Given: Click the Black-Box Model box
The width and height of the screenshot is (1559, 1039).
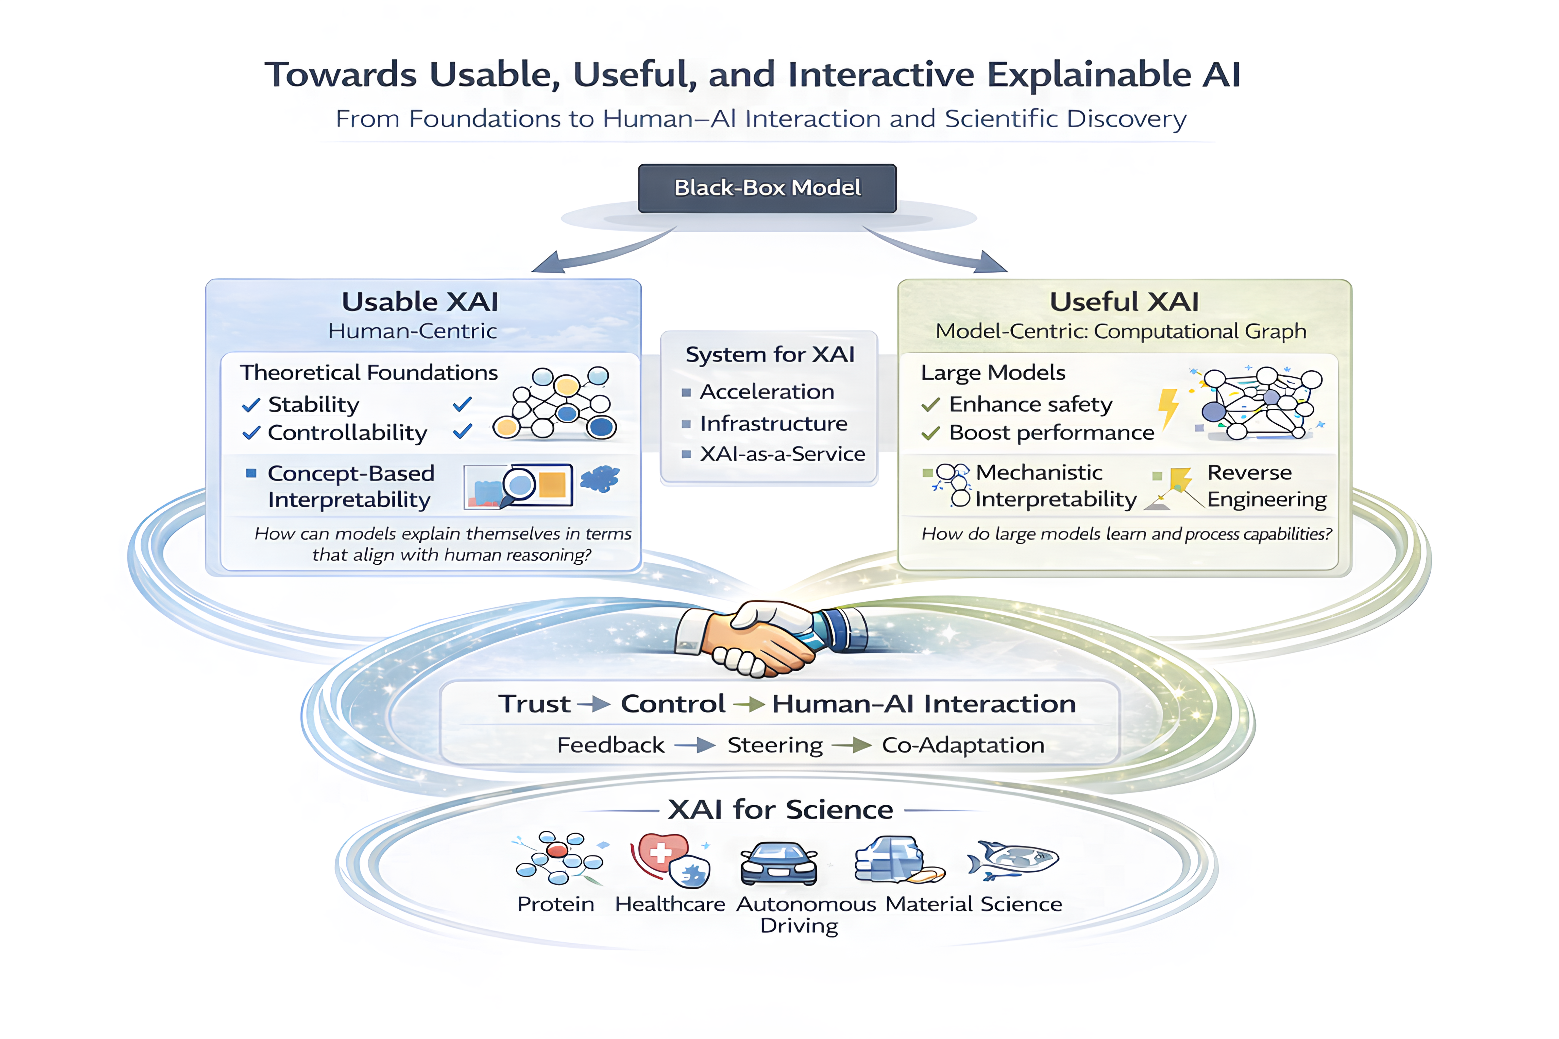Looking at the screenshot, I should [767, 188].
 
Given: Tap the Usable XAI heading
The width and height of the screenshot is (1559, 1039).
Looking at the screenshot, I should [420, 302].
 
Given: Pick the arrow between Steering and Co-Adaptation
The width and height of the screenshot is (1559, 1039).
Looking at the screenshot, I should [852, 746].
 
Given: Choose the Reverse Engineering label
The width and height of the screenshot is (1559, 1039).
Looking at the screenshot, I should [1266, 486].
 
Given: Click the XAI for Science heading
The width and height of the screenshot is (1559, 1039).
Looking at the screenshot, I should [780, 810].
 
